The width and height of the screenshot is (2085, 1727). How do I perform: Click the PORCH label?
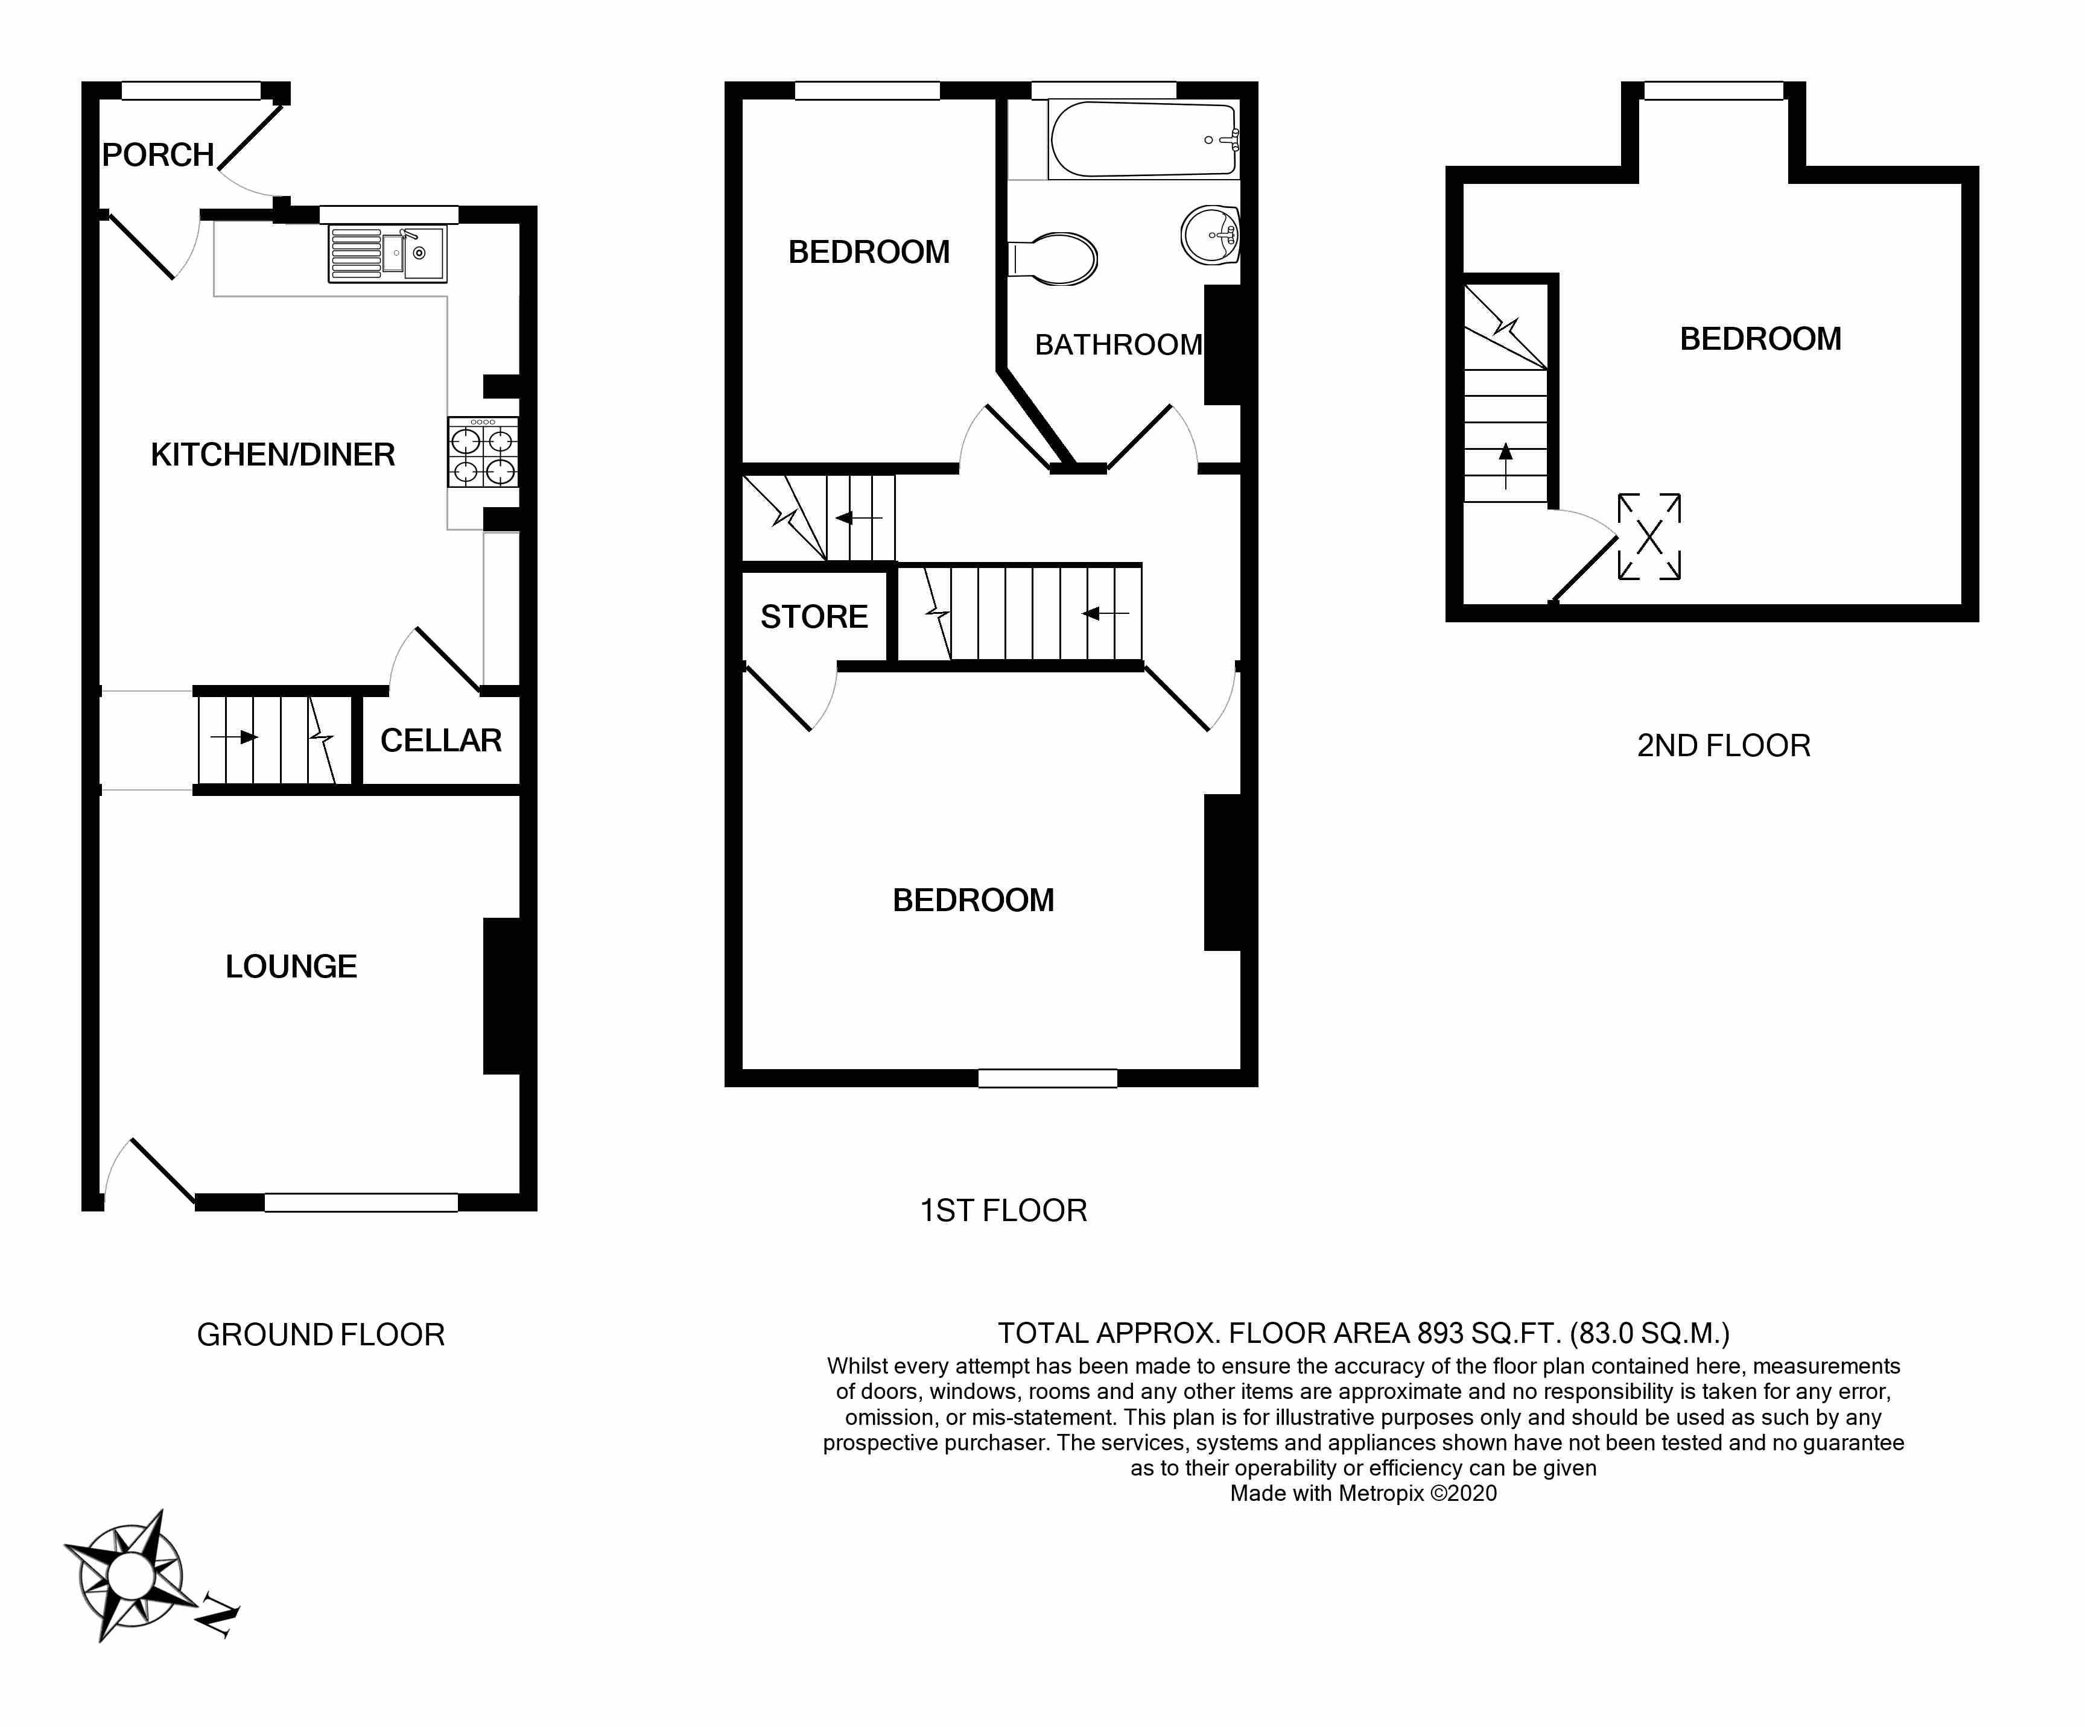pyautogui.click(x=158, y=155)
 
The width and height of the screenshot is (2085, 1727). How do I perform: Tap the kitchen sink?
pyautogui.click(x=388, y=254)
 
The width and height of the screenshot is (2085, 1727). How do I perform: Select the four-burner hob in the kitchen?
pyautogui.click(x=483, y=453)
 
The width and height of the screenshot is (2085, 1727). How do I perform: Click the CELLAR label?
pyautogui.click(x=441, y=740)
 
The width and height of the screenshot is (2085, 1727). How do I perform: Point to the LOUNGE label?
pyautogui.click(x=291, y=967)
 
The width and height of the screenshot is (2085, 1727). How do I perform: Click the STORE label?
pyautogui.click(x=814, y=617)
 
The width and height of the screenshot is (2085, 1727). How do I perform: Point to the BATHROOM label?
pyautogui.click(x=1118, y=346)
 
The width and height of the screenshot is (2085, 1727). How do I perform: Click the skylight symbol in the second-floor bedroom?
pyautogui.click(x=1649, y=537)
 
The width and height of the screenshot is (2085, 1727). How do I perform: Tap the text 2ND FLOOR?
pyautogui.click(x=1724, y=747)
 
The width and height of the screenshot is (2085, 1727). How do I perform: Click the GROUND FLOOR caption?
pyautogui.click(x=321, y=1335)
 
